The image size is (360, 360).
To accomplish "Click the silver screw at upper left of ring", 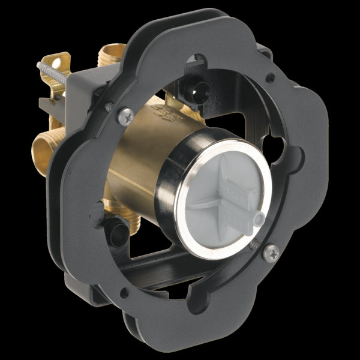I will [125, 116].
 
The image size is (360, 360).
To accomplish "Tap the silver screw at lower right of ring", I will [271, 253].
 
